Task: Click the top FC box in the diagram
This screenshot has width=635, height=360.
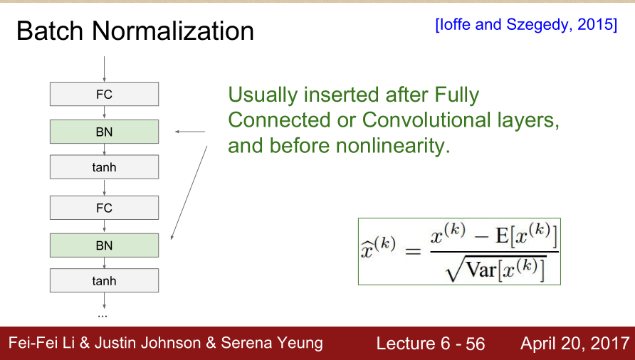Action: tap(104, 94)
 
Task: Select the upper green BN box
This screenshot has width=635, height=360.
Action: tap(104, 132)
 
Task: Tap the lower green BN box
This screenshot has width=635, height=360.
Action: tap(104, 245)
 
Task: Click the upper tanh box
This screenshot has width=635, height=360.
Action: tap(104, 167)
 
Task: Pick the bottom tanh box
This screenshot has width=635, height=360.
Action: tap(104, 280)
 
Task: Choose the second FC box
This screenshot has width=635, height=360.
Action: tap(104, 208)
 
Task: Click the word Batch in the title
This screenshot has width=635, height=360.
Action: tap(49, 31)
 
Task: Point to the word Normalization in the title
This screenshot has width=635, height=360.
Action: tap(173, 31)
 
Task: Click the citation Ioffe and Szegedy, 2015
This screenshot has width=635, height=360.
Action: tap(526, 25)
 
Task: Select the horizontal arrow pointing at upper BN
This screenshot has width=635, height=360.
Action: tap(190, 132)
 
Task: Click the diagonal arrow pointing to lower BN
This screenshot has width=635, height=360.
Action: tap(189, 193)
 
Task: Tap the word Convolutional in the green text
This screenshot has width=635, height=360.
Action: tap(426, 120)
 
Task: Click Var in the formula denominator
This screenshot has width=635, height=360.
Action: tap(481, 270)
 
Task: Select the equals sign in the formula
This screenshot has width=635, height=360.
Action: tap(413, 252)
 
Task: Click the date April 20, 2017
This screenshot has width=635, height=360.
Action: tap(575, 344)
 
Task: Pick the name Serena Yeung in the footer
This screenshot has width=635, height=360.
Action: tap(272, 344)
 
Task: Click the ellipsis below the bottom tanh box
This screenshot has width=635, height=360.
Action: tap(103, 315)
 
